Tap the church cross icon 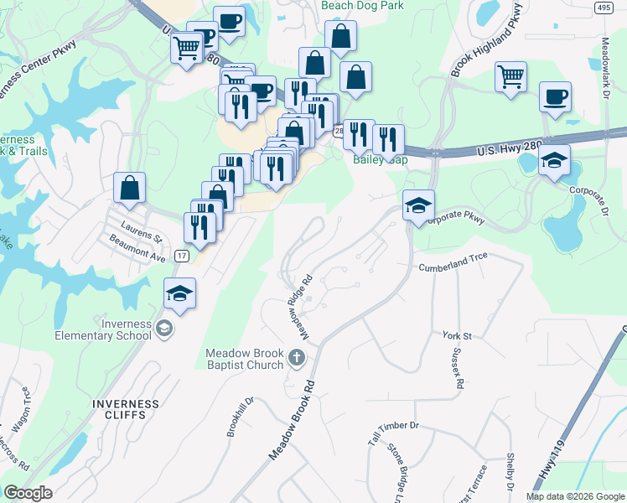(295, 359)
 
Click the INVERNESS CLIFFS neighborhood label (126, 408)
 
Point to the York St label (458, 335)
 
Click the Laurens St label (141, 226)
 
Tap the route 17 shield (182, 254)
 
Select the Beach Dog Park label (363, 6)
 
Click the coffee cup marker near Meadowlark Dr (555, 96)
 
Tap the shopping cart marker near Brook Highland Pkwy (510, 76)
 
